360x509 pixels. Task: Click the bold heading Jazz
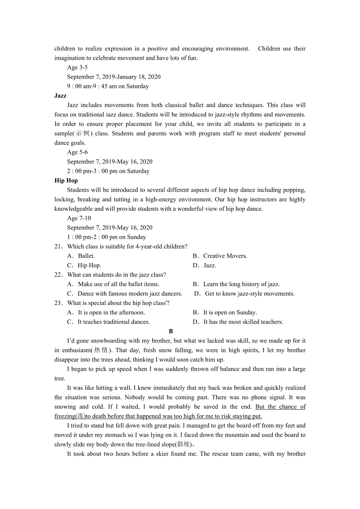(x=60, y=96)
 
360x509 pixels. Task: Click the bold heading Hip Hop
(x=66, y=181)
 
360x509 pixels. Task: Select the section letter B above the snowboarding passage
(x=171, y=332)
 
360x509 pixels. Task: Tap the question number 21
(x=58, y=247)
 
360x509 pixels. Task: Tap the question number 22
(x=58, y=275)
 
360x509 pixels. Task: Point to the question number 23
(x=58, y=303)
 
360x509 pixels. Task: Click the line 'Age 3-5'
(x=77, y=68)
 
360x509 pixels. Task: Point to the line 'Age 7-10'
(x=79, y=218)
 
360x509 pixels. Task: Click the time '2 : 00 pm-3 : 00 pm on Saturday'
(x=108, y=171)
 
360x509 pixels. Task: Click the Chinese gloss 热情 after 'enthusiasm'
(x=103, y=350)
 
